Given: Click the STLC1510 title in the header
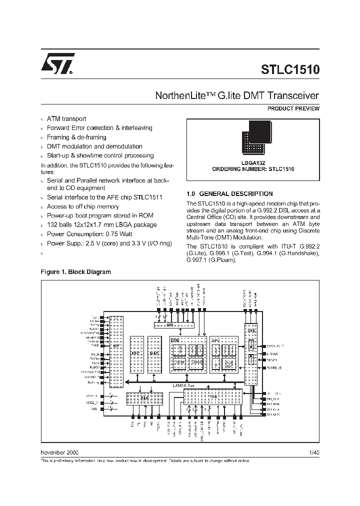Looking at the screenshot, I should pos(290,69).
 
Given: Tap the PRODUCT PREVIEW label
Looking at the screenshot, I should pos(293,108).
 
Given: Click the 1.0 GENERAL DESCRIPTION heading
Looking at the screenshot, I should pos(229,193).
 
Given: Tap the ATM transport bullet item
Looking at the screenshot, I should pos(66,119).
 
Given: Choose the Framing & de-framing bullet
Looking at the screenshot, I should pos(76,137).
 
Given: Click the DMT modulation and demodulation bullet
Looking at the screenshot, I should pos(94,146).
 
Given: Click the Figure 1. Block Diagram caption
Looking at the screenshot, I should pos(75,272).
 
